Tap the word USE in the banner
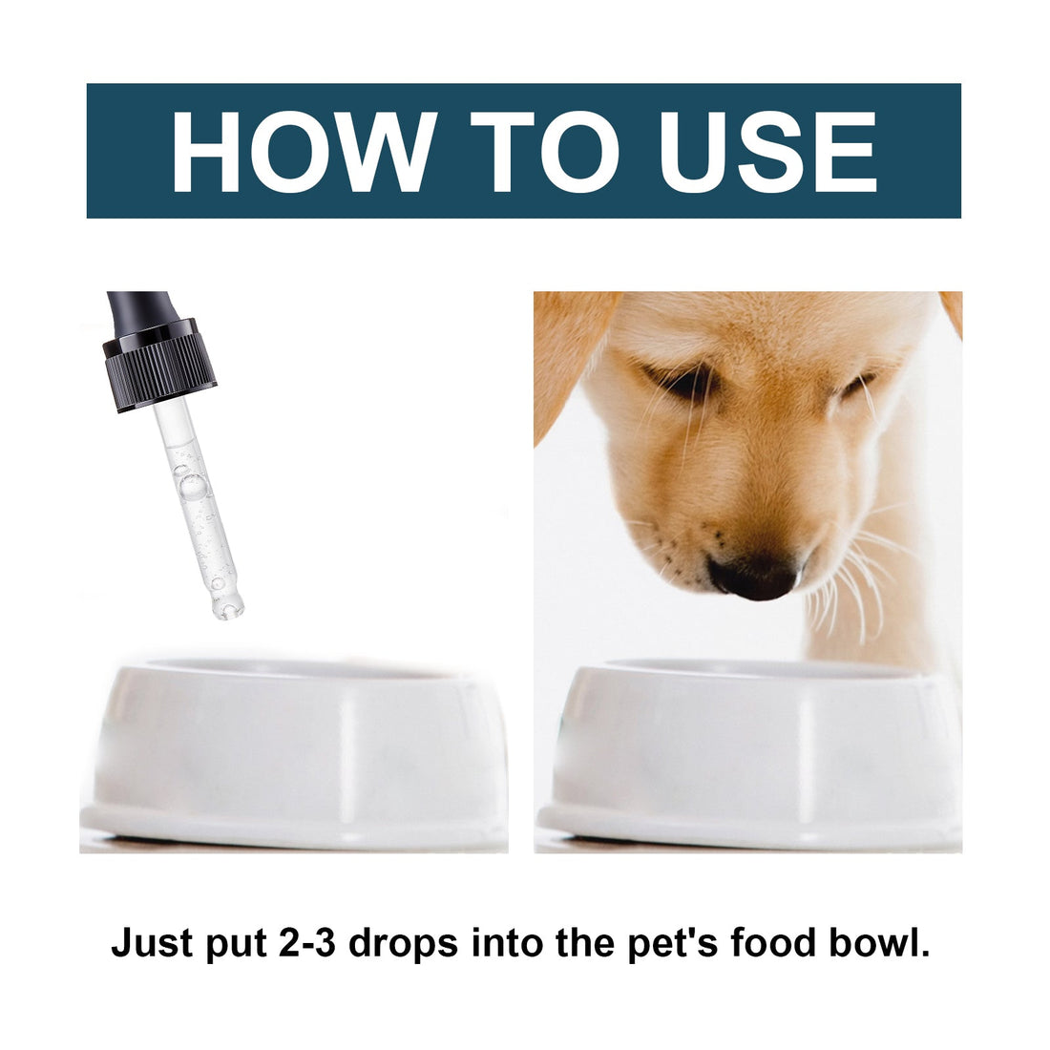(768, 152)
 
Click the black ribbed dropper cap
(159, 363)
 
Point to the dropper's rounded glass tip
(229, 605)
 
